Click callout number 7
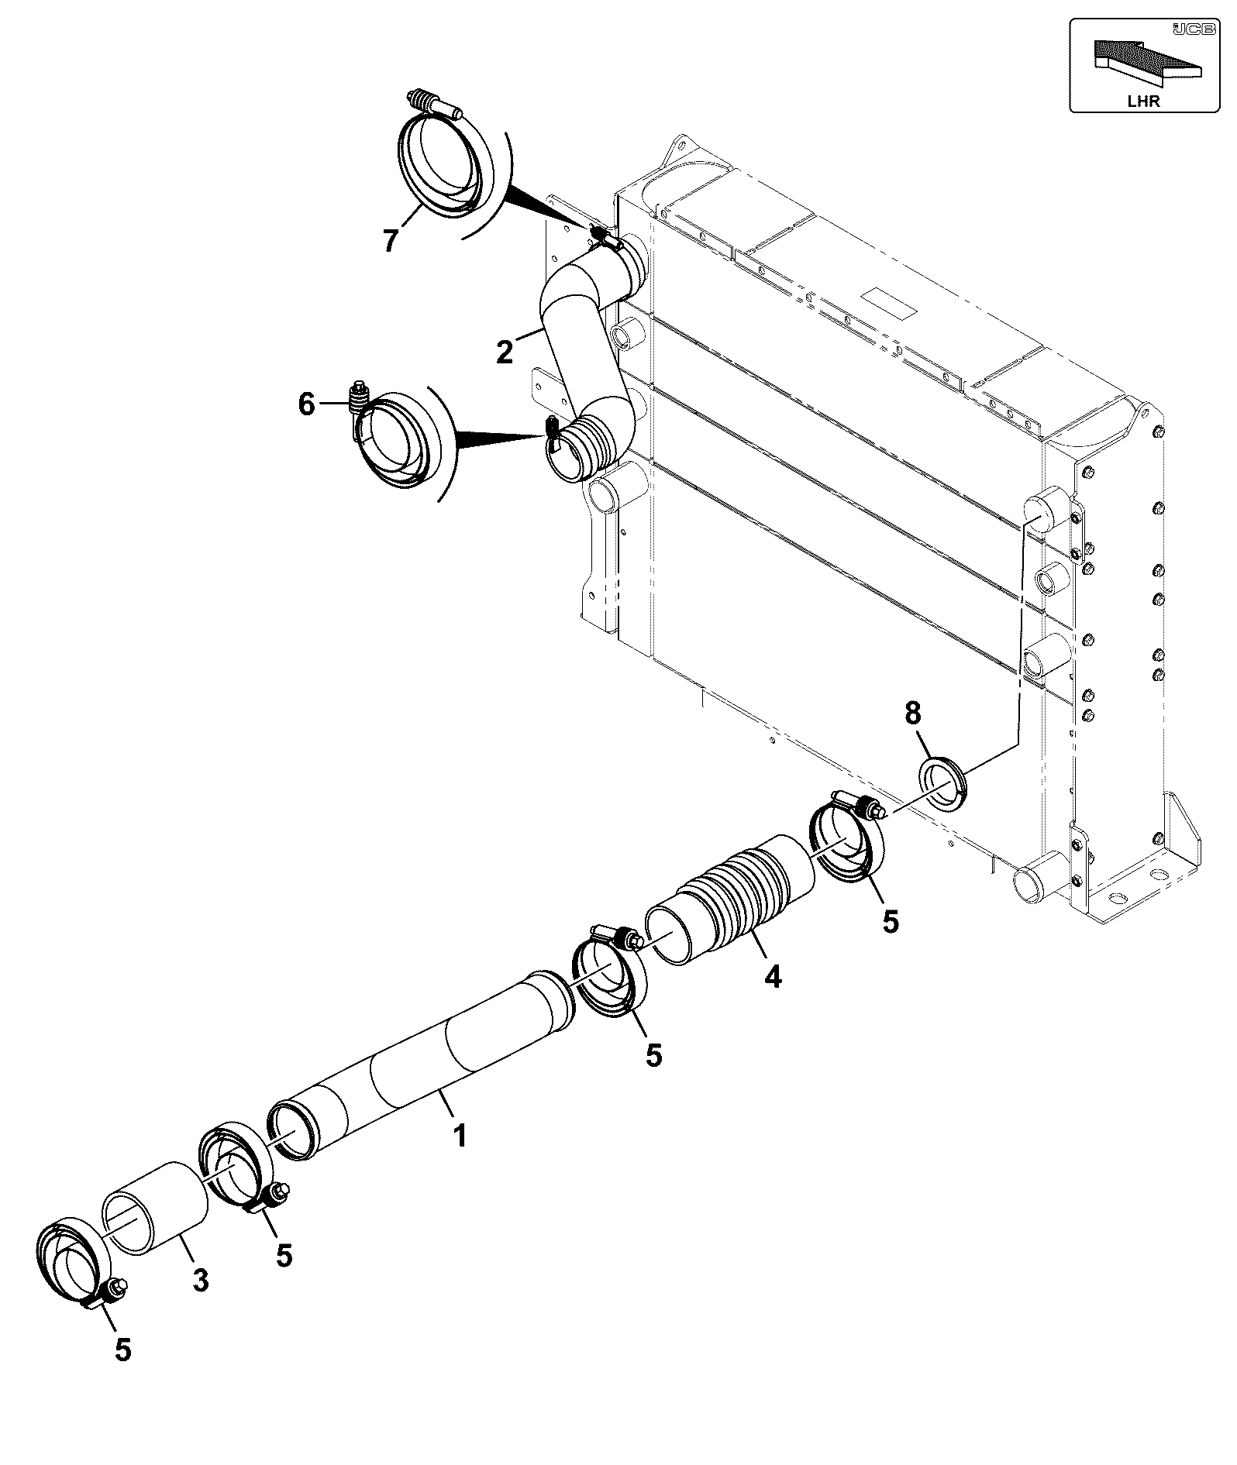[391, 240]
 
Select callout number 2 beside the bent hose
[505, 352]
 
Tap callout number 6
[307, 404]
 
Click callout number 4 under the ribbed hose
[772, 977]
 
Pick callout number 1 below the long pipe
[460, 1136]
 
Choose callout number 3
[200, 1280]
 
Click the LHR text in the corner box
[1144, 101]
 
